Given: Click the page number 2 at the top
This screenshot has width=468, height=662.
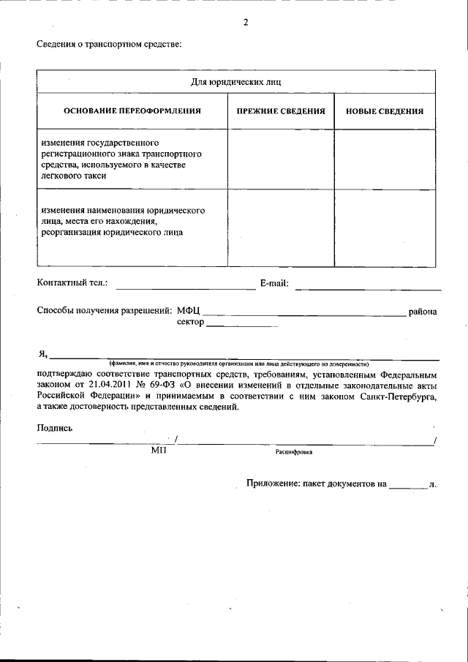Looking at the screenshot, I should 246,22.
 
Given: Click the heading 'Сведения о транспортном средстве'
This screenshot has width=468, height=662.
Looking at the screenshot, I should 109,45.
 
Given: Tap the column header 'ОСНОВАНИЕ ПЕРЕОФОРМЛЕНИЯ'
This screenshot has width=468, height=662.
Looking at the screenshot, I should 132,111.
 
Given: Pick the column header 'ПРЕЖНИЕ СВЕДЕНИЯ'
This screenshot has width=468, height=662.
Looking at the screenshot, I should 281,111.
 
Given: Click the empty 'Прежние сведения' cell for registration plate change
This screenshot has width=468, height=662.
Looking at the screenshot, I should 281,159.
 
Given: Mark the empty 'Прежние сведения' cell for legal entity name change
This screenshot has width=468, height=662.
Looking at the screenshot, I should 281,227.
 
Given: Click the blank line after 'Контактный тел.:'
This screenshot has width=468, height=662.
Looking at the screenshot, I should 186,286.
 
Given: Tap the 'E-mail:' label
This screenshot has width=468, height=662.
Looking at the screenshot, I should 274,282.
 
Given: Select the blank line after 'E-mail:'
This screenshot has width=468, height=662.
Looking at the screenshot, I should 368,286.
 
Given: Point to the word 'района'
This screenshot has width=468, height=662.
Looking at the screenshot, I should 423,311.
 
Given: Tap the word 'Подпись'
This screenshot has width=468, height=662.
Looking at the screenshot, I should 55,428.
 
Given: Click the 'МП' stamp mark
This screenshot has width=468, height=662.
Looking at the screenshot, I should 159,451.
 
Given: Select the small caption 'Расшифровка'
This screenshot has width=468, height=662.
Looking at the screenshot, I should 294,452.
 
